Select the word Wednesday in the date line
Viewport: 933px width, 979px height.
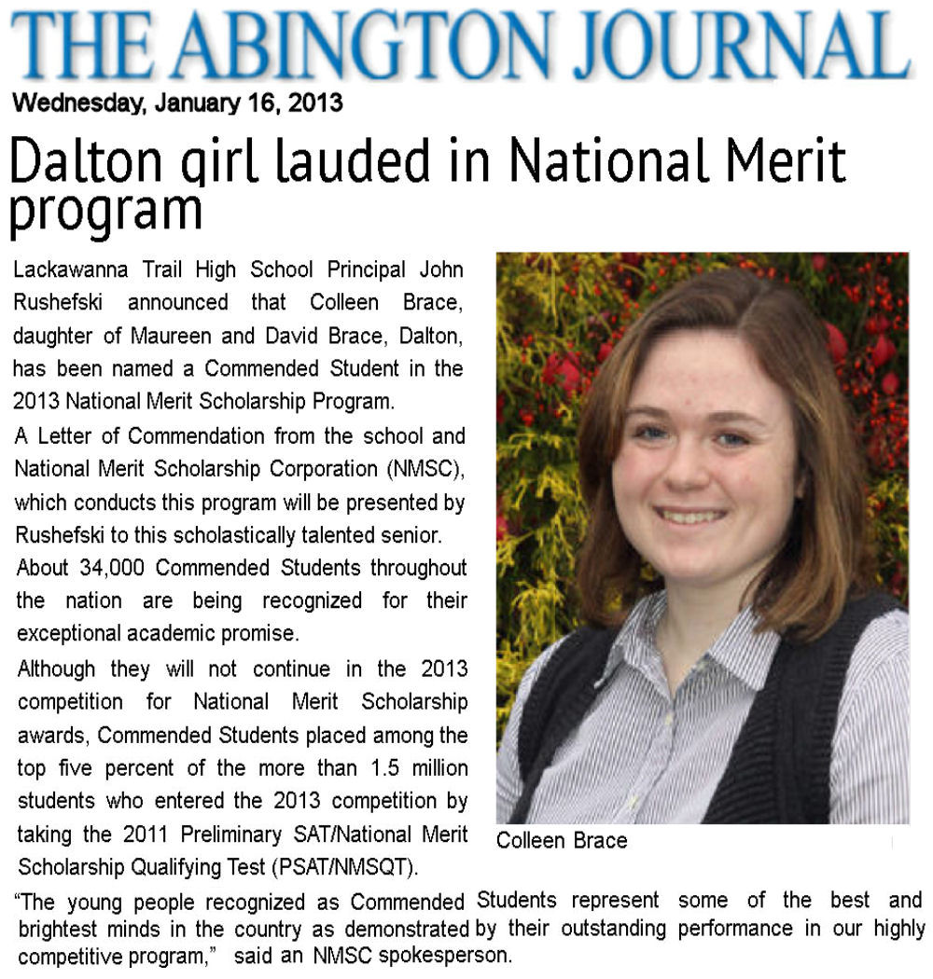77,103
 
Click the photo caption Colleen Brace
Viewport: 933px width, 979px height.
562,841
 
